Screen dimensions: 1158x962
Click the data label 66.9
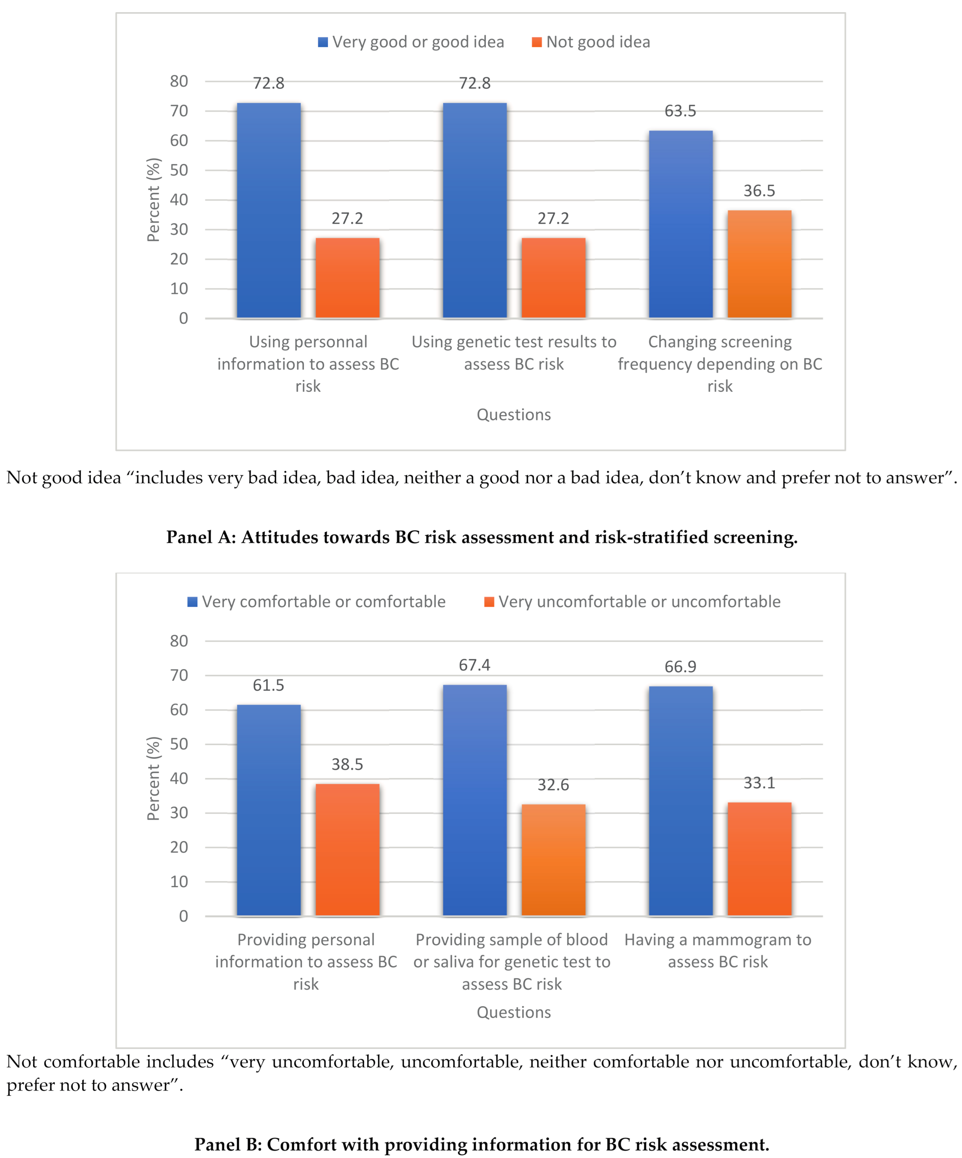click(x=680, y=667)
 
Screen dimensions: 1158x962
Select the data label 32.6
click(x=553, y=785)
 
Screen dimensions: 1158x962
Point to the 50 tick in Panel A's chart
click(x=179, y=170)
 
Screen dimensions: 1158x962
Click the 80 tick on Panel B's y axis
click(x=179, y=641)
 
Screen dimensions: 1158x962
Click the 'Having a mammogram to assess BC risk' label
click(x=718, y=950)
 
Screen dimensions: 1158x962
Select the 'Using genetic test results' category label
click(x=514, y=353)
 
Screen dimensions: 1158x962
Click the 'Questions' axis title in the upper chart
click(x=514, y=415)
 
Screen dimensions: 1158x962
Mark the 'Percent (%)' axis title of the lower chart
click(x=153, y=779)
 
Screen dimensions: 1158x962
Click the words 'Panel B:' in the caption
click(x=228, y=1144)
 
